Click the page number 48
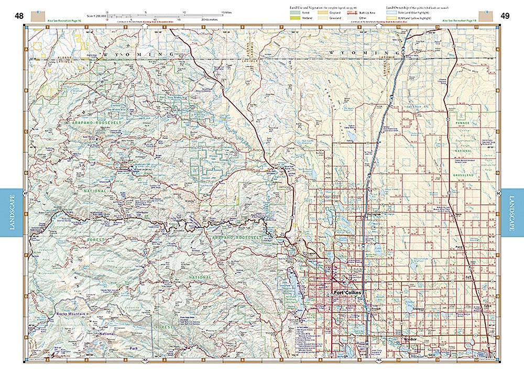coord(19,16)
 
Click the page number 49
coord(505,16)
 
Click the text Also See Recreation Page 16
coord(61,19)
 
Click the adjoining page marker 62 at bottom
coord(145,361)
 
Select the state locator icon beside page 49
coord(488,17)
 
